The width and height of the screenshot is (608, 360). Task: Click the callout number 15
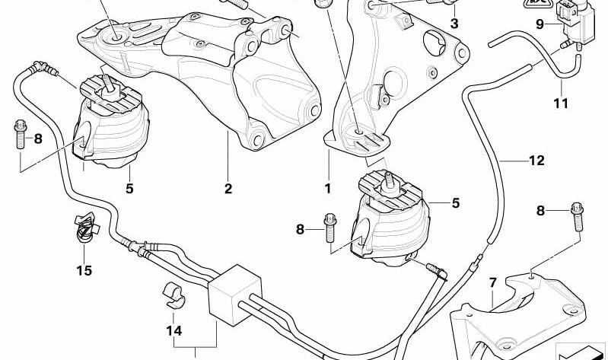pyautogui.click(x=84, y=270)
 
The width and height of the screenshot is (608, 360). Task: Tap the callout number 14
pyautogui.click(x=174, y=331)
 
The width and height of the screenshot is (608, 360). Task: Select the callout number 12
pyautogui.click(x=536, y=161)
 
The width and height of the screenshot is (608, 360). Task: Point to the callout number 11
pyautogui.click(x=561, y=104)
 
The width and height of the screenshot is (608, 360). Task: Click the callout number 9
pyautogui.click(x=540, y=24)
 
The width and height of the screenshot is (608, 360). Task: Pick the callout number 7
pyautogui.click(x=493, y=283)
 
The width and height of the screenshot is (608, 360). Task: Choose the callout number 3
pyautogui.click(x=454, y=24)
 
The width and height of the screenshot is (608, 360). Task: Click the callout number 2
pyautogui.click(x=228, y=189)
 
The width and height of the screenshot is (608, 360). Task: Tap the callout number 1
pyautogui.click(x=328, y=189)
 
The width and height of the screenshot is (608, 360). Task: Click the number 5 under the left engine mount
pyautogui.click(x=129, y=189)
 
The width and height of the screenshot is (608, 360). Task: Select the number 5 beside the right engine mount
pyautogui.click(x=456, y=203)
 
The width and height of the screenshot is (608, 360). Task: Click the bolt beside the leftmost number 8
pyautogui.click(x=20, y=134)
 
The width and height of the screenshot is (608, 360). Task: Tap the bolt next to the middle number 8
pyautogui.click(x=330, y=228)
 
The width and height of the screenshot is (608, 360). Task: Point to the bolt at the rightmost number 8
pyautogui.click(x=578, y=217)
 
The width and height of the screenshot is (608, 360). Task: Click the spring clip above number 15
pyautogui.click(x=86, y=228)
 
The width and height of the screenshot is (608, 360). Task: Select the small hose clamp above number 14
pyautogui.click(x=173, y=295)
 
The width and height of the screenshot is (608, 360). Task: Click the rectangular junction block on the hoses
pyautogui.click(x=234, y=295)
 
